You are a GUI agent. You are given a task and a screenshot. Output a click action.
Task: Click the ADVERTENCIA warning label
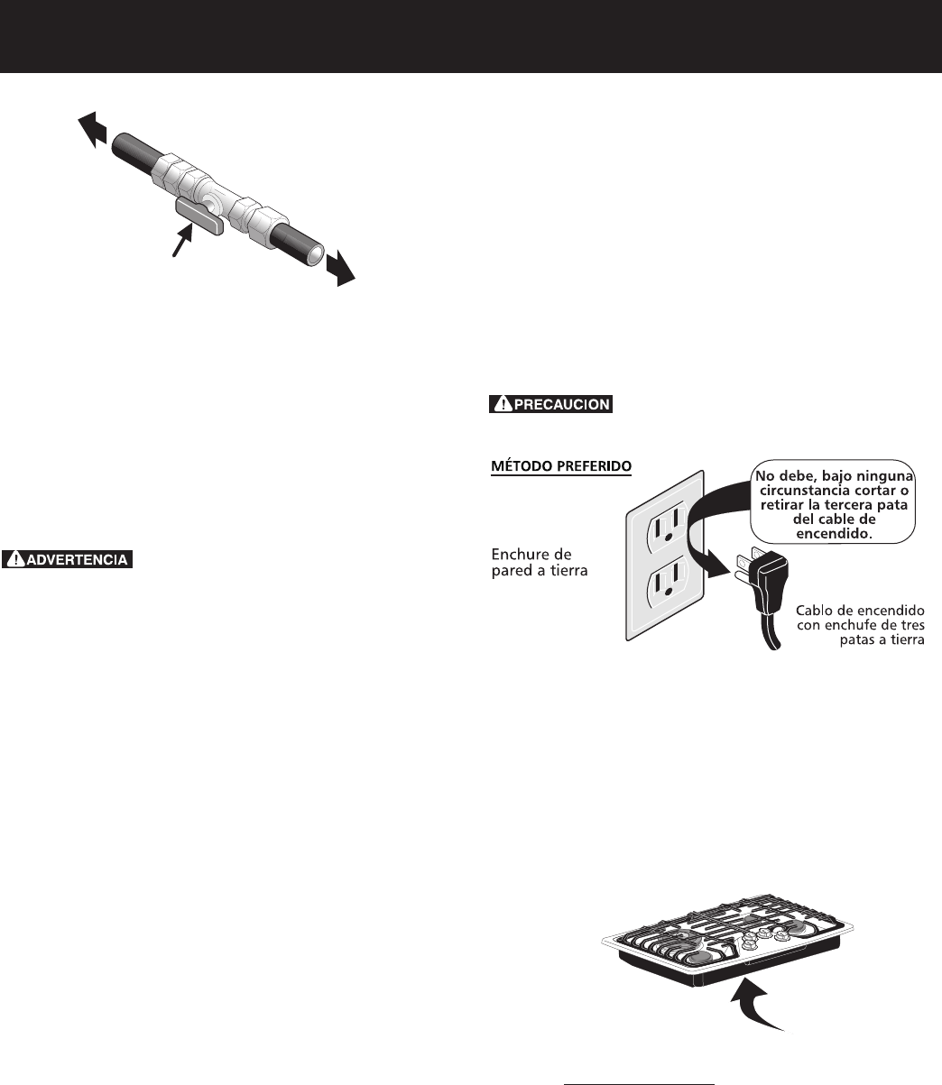click(x=68, y=559)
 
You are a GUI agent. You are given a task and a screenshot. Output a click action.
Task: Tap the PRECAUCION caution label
click(x=551, y=405)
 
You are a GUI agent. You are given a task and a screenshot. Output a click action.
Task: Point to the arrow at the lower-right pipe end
click(x=340, y=267)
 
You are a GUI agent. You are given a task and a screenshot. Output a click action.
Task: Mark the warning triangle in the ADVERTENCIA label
click(x=15, y=559)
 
